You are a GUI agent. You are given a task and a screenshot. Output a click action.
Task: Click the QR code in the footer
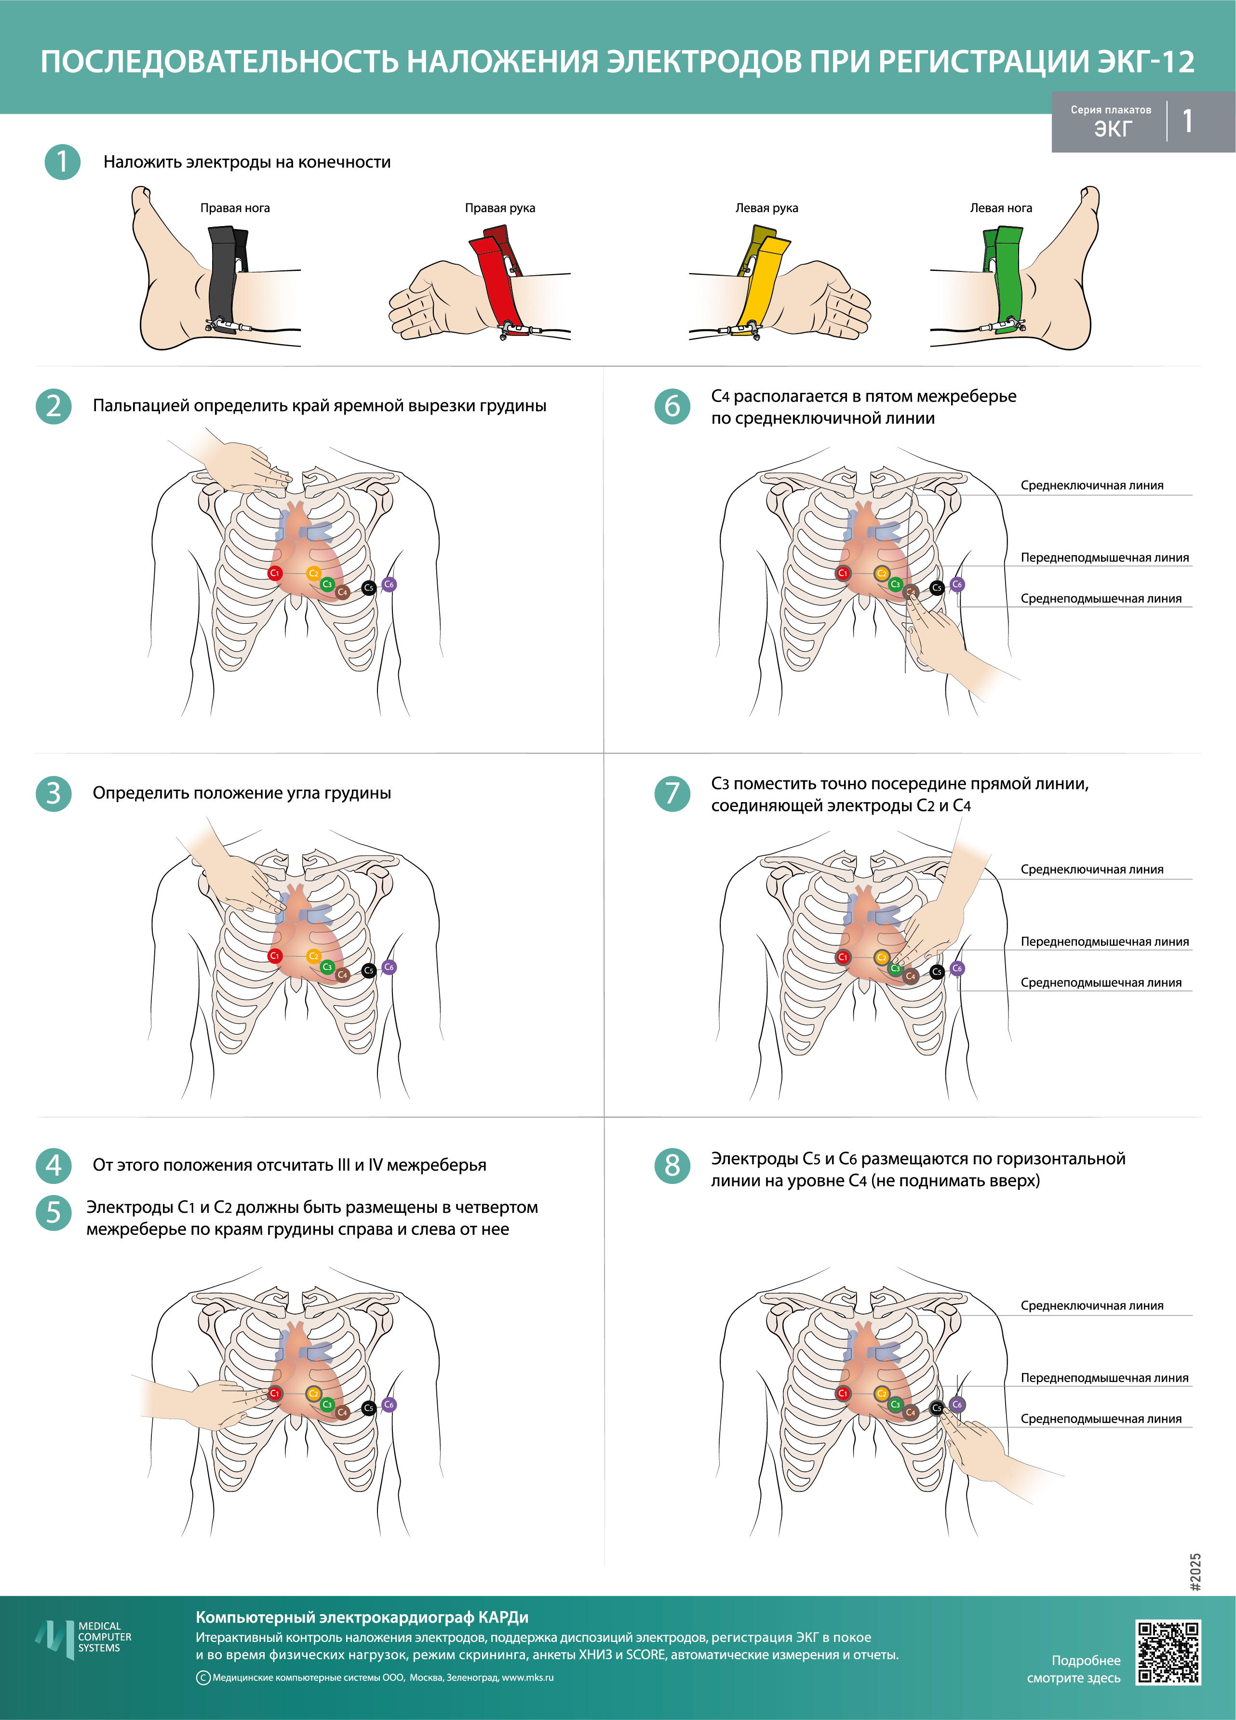tap(1168, 1653)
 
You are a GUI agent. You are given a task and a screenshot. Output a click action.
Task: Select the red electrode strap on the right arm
tap(496, 281)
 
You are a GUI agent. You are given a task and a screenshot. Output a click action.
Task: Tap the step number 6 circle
tap(672, 406)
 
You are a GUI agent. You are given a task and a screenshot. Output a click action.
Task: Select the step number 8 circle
tap(672, 1166)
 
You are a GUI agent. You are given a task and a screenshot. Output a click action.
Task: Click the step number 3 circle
tap(53, 793)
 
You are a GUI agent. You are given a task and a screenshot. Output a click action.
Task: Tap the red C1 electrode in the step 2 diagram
tap(274, 573)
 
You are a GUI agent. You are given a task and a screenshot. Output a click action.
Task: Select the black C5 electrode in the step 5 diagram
tap(368, 1408)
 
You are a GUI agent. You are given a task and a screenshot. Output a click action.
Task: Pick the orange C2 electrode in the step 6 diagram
tap(881, 573)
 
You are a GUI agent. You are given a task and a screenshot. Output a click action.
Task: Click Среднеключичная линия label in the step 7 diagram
tap(1091, 870)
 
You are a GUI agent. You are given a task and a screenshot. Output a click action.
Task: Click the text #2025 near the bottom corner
tap(1196, 1572)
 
